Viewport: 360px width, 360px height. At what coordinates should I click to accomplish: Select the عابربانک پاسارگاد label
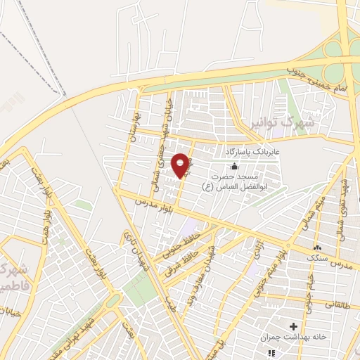tap(252, 151)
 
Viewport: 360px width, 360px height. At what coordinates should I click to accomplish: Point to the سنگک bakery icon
tap(317, 247)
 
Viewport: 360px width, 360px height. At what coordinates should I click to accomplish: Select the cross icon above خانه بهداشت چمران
tap(293, 326)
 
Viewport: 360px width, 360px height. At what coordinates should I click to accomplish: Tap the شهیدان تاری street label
tap(131, 247)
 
